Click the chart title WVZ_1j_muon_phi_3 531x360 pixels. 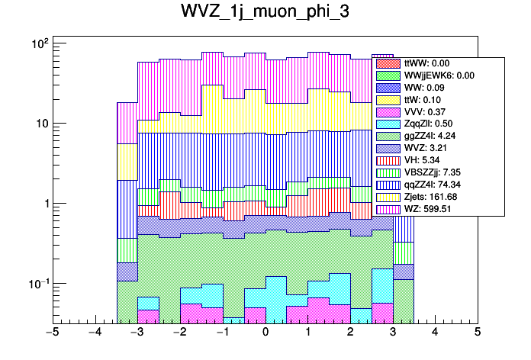[x=265, y=13]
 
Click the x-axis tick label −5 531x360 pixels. [x=52, y=333]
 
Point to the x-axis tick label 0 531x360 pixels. [x=265, y=333]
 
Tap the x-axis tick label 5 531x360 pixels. [x=477, y=333]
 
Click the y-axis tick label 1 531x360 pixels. [x=43, y=204]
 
